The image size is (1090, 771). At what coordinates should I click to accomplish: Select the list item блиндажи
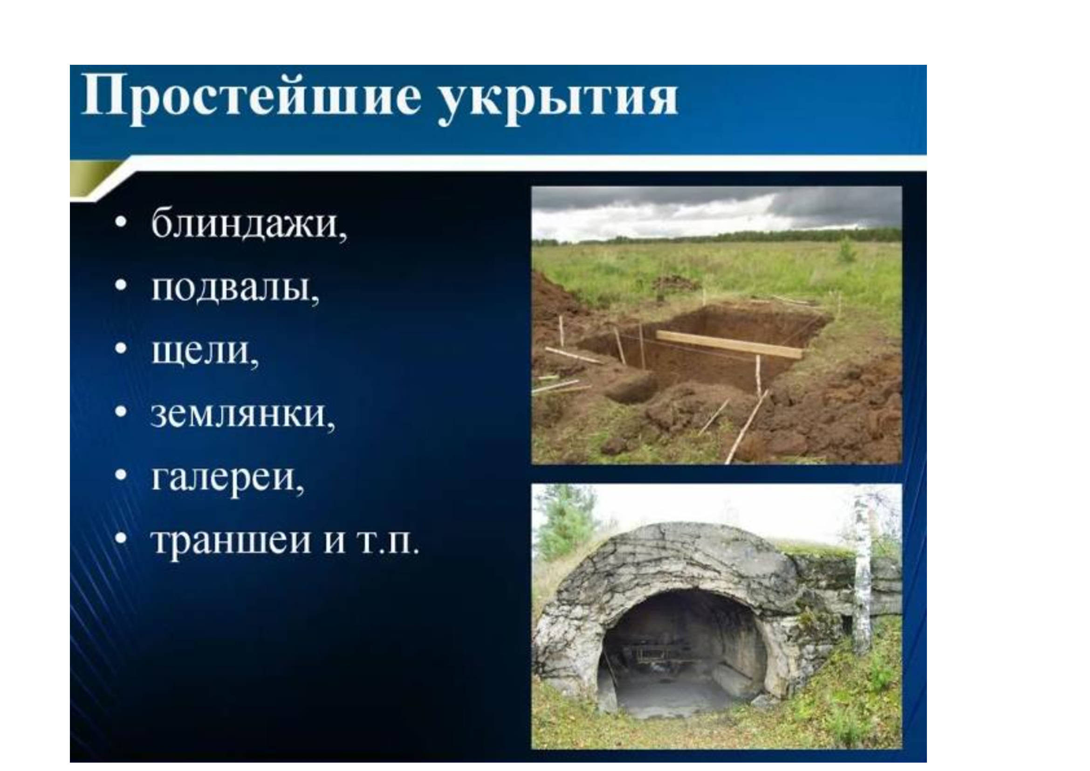tap(249, 224)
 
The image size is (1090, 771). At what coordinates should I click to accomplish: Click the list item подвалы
tap(235, 287)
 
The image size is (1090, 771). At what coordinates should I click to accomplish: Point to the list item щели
tap(205, 351)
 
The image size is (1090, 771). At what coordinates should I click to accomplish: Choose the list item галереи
tap(227, 479)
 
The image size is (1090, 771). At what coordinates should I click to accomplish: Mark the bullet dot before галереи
tap(121, 475)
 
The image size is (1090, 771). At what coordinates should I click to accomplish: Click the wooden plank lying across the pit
tap(729, 344)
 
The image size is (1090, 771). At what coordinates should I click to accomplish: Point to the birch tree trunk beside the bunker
tap(863, 570)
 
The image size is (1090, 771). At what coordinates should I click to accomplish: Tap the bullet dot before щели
tap(121, 348)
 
